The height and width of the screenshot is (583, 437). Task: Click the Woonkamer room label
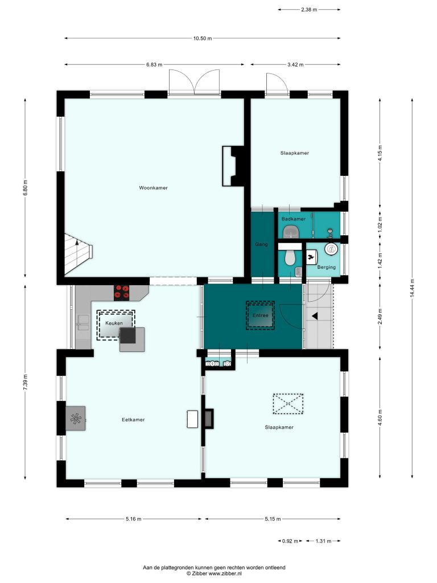point(153,188)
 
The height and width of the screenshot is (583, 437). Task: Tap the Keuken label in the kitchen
point(114,323)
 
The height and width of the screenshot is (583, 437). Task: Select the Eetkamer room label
point(133,420)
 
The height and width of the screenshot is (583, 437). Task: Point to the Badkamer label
point(294,219)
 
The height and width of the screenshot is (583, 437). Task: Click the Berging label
point(326,267)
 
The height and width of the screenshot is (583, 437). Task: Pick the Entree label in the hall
point(260,315)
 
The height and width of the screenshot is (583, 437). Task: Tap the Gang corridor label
point(261,244)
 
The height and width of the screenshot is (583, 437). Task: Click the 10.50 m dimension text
point(203,38)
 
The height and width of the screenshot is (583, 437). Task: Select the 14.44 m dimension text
point(412,288)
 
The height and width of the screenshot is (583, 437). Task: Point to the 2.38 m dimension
point(309,10)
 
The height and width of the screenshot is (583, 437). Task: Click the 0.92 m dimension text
point(290,541)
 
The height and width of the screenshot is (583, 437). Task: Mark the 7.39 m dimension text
point(25,382)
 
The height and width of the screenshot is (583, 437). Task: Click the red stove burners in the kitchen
point(122,292)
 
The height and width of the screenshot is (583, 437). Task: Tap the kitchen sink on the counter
point(83,322)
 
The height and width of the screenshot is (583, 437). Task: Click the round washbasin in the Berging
point(331,249)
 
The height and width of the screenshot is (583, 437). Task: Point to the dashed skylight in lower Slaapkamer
point(288,404)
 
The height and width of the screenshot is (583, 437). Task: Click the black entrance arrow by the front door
point(315,316)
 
